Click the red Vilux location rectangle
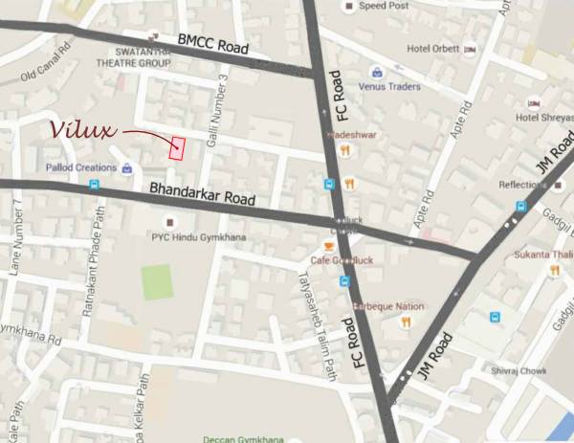coord(177,147)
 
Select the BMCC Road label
coord(212,43)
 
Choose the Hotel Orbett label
coord(433,49)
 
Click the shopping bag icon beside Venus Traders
coord(379,72)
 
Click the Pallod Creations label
coord(79,167)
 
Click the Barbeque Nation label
coord(388,306)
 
